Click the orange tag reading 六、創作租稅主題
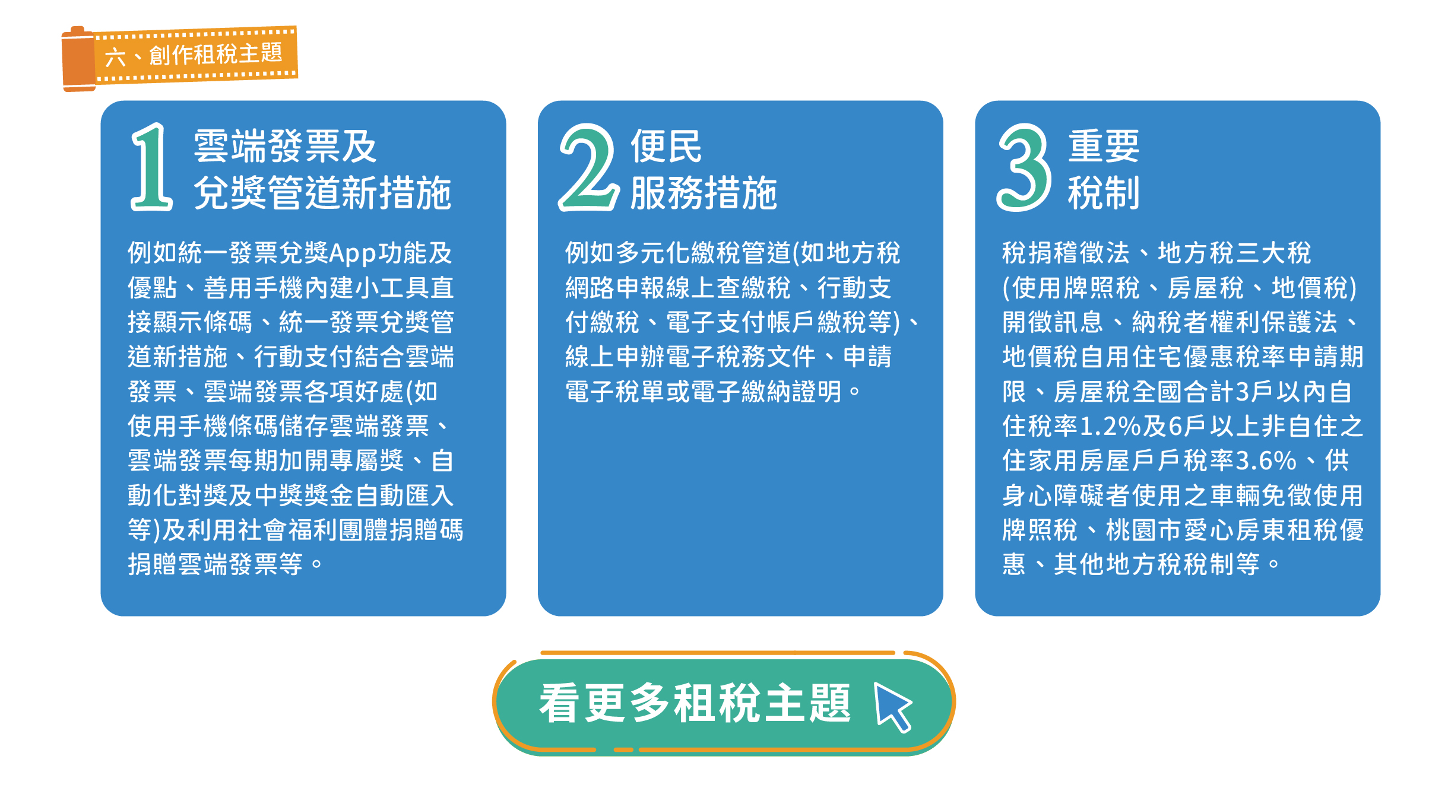point(180,58)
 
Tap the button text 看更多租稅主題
point(695,704)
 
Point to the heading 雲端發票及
point(285,147)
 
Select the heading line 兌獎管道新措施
point(322,193)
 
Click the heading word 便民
point(666,147)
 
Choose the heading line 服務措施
point(704,193)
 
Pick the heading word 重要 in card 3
point(1104,147)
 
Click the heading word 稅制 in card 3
point(1104,193)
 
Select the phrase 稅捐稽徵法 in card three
point(1066,253)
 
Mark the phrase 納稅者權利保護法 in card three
point(1235,323)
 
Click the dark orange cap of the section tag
point(78,59)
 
